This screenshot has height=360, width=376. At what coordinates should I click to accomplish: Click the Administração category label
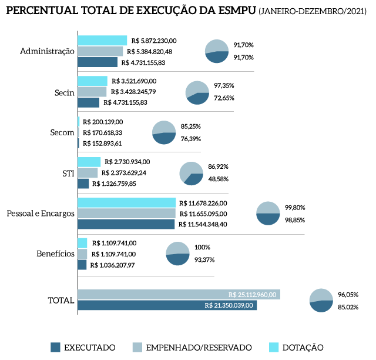[x=47, y=51]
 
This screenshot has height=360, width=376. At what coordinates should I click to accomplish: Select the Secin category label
[x=64, y=92]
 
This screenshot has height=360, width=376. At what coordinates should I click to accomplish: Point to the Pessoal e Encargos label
[x=41, y=213]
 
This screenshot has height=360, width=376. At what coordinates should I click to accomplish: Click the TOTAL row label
[x=61, y=301]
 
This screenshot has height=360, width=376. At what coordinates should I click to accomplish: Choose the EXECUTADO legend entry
[x=82, y=347]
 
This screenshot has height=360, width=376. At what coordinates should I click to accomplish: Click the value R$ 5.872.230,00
[x=155, y=41]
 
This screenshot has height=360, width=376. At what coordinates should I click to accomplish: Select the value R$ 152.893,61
[x=102, y=143]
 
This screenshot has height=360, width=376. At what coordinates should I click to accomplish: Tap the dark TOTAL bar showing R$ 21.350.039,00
[x=167, y=305]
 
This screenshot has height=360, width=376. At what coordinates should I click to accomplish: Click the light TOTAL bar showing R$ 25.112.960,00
[x=179, y=294]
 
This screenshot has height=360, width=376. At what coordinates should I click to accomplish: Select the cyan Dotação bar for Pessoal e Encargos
[x=126, y=202]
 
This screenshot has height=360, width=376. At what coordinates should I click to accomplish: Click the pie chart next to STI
[x=191, y=174]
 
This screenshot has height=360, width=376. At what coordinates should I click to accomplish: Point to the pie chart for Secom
[x=164, y=132]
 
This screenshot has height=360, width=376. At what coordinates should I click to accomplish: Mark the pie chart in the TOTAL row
[x=321, y=301]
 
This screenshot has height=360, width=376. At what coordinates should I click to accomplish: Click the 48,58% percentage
[x=218, y=179]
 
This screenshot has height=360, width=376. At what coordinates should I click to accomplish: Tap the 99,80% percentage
[x=295, y=208]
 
